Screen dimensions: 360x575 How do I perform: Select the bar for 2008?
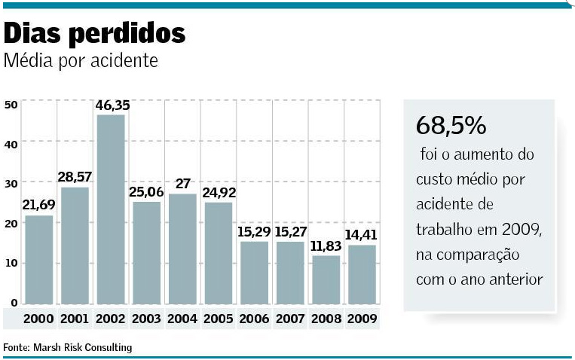point(326,279)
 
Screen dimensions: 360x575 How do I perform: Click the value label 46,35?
point(112,105)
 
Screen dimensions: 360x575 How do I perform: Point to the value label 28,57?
point(75,177)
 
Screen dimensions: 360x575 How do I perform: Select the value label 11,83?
point(326,246)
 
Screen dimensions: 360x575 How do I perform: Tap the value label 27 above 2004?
point(182,184)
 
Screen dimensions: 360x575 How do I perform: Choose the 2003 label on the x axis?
point(147,319)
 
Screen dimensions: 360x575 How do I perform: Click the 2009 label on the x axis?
point(362,319)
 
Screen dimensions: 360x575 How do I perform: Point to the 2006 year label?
point(254,319)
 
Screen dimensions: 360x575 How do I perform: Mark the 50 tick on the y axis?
point(11,105)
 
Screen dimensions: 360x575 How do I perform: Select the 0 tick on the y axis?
point(14,303)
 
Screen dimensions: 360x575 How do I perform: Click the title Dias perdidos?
point(95,34)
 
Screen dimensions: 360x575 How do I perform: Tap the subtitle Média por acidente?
point(81,60)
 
